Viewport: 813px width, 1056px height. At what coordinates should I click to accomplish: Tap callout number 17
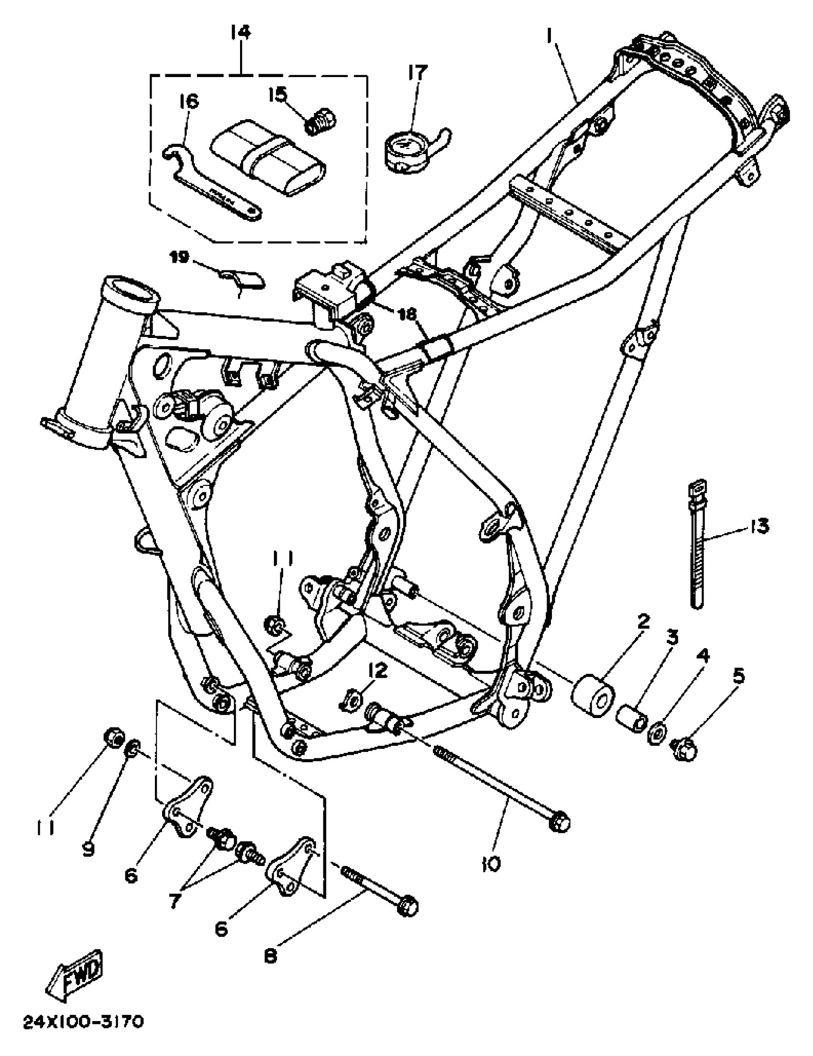[x=417, y=73]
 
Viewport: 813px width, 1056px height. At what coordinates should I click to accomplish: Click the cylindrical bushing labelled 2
[x=593, y=698]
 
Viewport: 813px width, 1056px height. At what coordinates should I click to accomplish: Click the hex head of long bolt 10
[x=560, y=821]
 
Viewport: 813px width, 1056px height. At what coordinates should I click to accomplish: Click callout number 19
[x=180, y=257]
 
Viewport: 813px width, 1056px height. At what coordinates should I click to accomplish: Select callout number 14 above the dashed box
[x=241, y=33]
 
